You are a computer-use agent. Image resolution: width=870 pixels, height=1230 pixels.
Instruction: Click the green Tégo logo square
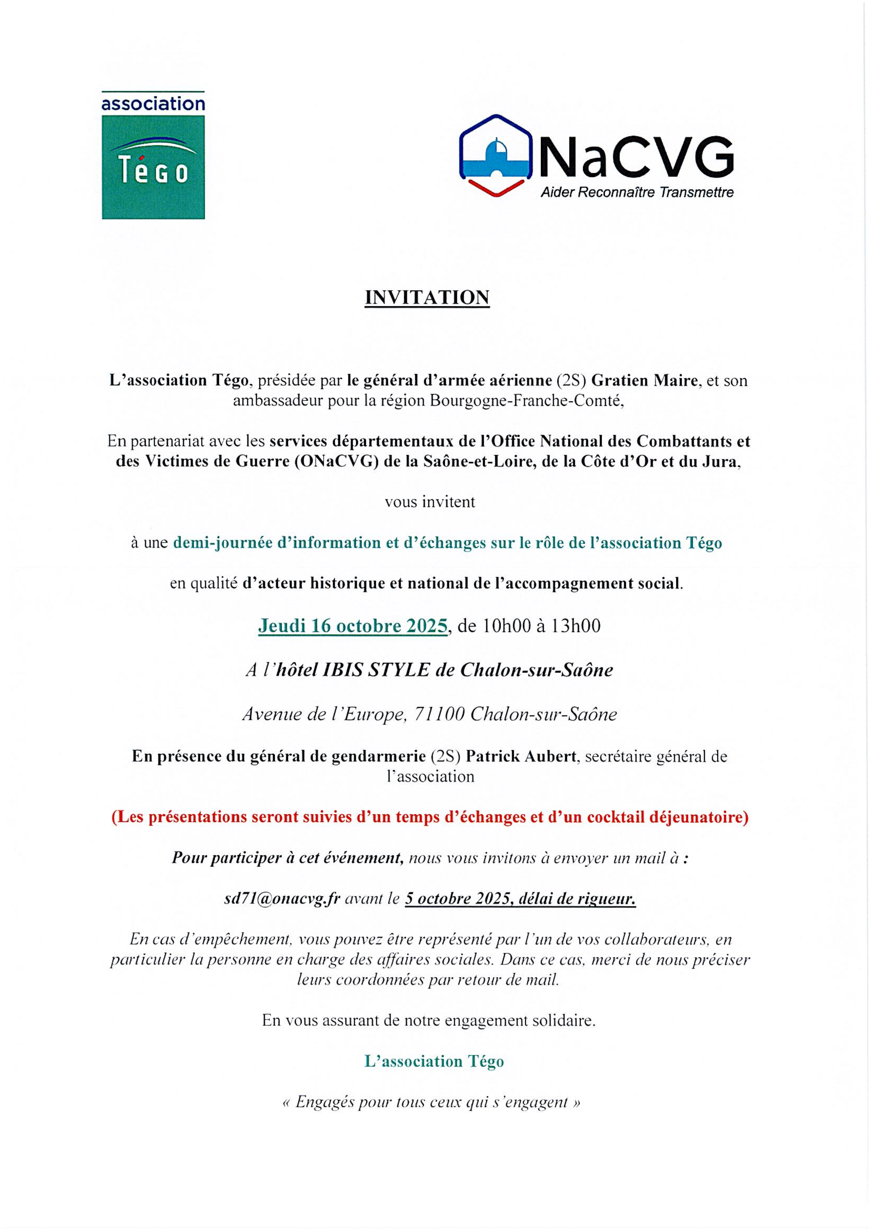153,167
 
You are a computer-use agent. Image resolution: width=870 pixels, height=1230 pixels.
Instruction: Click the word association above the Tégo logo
153,102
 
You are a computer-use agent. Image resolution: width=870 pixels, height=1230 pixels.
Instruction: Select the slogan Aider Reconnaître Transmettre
637,192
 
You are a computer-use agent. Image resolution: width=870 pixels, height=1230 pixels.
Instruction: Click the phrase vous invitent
430,502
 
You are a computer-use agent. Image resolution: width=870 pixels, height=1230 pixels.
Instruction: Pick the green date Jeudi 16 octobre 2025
352,625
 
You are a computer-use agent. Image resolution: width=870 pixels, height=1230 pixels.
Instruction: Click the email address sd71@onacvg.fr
282,898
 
